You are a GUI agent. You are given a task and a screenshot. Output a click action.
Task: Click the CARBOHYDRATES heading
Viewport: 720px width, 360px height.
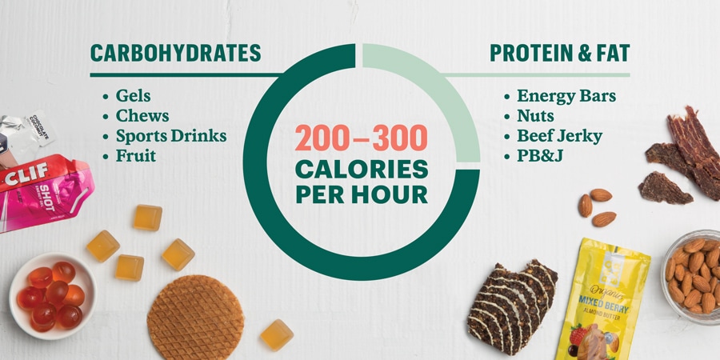(175, 54)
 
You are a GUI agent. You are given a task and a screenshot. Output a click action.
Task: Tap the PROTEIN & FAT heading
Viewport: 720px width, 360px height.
(559, 54)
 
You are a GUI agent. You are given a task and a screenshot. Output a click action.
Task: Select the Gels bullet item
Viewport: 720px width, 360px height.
(133, 95)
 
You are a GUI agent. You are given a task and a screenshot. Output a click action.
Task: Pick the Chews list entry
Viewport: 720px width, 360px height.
(142, 116)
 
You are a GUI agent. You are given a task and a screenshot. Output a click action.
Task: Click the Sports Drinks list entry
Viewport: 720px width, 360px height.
(171, 136)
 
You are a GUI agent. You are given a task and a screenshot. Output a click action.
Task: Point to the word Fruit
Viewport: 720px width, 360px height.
(135, 156)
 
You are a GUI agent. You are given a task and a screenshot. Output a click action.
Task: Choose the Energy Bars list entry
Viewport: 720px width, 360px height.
(566, 97)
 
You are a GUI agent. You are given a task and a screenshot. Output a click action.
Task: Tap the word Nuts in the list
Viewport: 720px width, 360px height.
(535, 116)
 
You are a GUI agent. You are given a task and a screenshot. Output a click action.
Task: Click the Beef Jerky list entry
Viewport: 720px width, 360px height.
(559, 136)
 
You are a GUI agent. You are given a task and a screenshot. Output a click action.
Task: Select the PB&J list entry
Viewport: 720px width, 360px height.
(540, 156)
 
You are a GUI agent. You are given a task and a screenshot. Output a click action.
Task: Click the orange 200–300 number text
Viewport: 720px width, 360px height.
(362, 138)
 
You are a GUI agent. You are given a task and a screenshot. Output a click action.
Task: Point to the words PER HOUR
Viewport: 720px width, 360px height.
(362, 194)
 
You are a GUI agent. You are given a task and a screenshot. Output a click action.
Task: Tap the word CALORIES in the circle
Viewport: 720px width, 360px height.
(362, 170)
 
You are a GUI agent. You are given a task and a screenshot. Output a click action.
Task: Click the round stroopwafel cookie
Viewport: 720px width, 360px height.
(196, 318)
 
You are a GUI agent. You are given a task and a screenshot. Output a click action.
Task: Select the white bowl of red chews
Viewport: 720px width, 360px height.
(52, 296)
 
